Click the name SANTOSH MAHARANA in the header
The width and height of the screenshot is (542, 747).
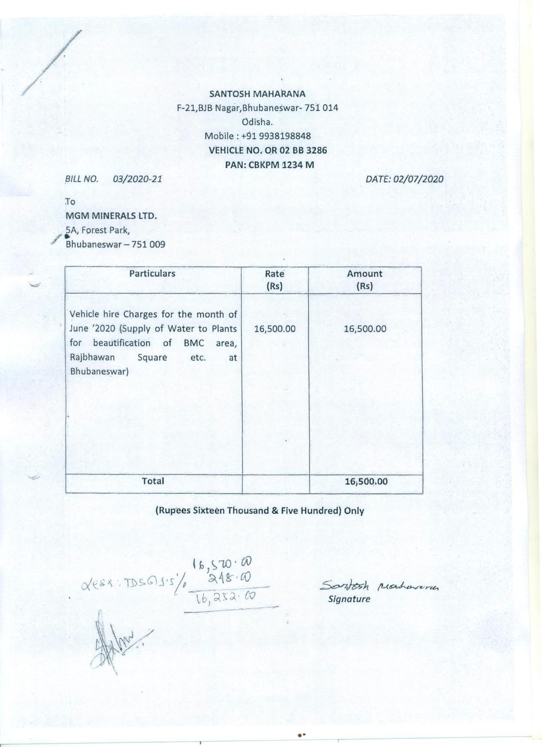click(257, 94)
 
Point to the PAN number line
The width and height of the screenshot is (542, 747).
click(269, 165)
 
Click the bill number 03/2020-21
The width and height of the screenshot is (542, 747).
click(137, 179)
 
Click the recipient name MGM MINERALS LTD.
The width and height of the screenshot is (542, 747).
click(111, 216)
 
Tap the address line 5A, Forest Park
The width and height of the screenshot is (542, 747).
click(97, 230)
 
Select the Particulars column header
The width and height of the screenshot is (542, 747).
click(152, 273)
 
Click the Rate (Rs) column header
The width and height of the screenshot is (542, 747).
click(275, 280)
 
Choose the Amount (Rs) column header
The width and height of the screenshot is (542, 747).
click(364, 280)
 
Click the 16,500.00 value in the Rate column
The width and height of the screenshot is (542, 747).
click(275, 329)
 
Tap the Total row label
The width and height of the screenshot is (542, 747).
click(153, 481)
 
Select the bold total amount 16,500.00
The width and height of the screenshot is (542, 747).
click(366, 481)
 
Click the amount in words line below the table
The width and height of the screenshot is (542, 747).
click(259, 510)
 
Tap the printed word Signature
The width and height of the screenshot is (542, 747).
click(349, 599)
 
